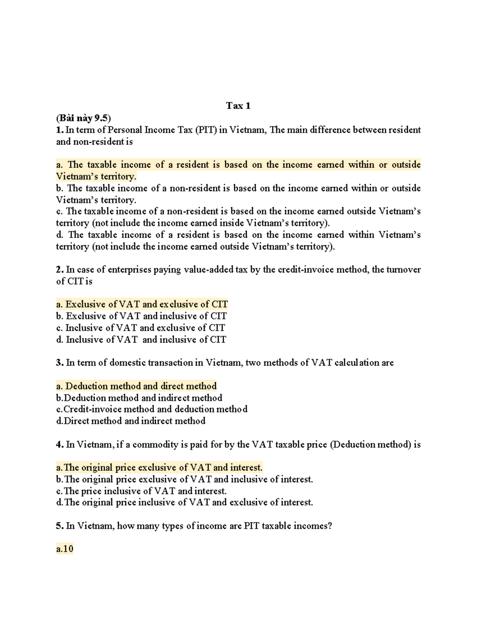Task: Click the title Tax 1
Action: pyautogui.click(x=238, y=106)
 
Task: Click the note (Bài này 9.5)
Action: pyautogui.click(x=83, y=118)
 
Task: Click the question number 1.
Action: pyautogui.click(x=59, y=130)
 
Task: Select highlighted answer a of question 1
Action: pyautogui.click(x=238, y=170)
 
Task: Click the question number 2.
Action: pyautogui.click(x=59, y=270)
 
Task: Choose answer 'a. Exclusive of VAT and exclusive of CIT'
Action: pyautogui.click(x=142, y=305)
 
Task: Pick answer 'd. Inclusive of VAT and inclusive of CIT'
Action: pyautogui.click(x=141, y=340)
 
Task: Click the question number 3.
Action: pyautogui.click(x=59, y=363)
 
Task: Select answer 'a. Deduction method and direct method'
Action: pyautogui.click(x=136, y=386)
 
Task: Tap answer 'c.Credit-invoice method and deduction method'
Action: pyautogui.click(x=151, y=409)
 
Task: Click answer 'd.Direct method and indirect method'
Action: pyautogui.click(x=131, y=421)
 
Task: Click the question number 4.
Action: pyautogui.click(x=59, y=445)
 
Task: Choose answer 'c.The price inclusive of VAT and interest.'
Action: pyautogui.click(x=141, y=491)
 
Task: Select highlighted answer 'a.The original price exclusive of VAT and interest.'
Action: pyautogui.click(x=159, y=468)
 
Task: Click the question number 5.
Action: pyautogui.click(x=59, y=526)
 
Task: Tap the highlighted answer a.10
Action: pyautogui.click(x=65, y=549)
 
